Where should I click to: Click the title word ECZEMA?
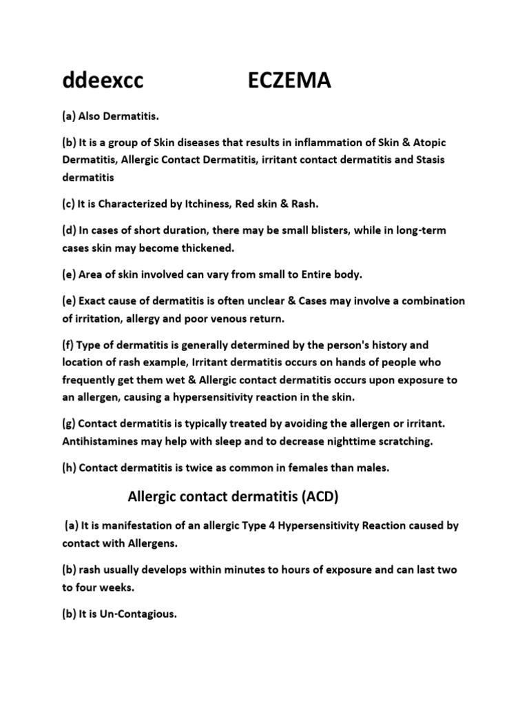click(289, 82)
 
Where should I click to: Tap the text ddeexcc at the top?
click(103, 82)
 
